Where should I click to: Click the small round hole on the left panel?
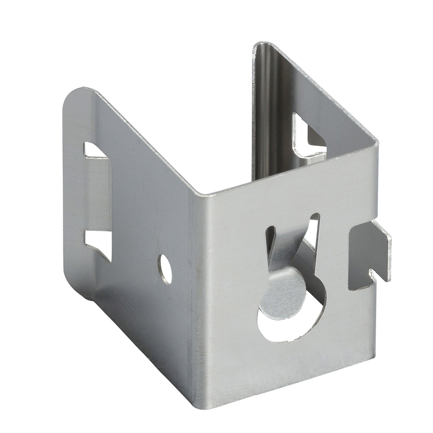[x=165, y=265]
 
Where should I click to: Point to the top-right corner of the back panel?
[x=376, y=141]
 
